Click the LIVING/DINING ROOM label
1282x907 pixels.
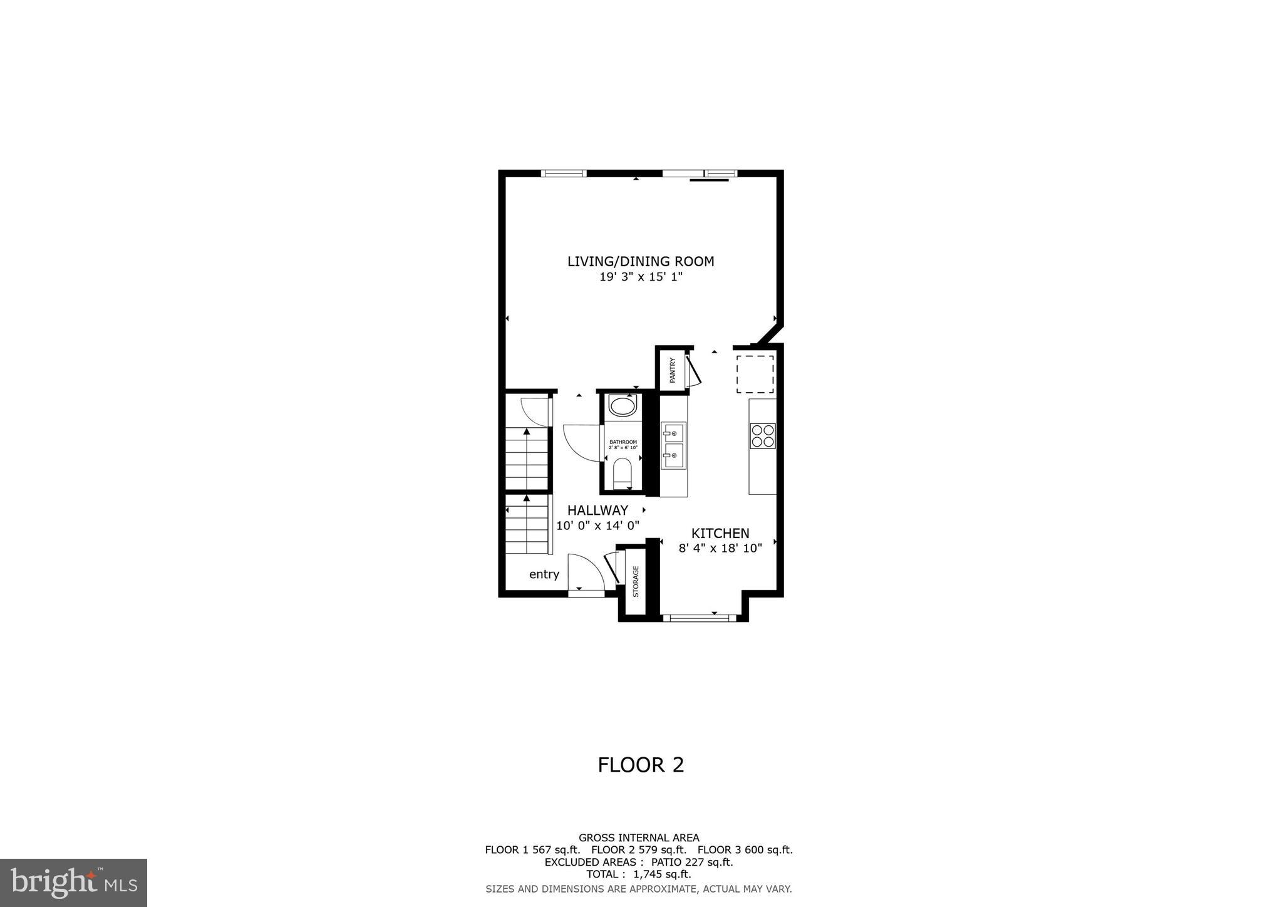[640, 261]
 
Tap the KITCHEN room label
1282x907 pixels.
[720, 533]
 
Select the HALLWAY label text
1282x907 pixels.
[597, 510]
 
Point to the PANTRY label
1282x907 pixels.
[673, 370]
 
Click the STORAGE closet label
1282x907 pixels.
[636, 581]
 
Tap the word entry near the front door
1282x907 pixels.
[544, 574]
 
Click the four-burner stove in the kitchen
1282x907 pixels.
[762, 436]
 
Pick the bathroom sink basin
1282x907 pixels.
[622, 406]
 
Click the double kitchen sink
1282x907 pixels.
[673, 445]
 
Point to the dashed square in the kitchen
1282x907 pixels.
[755, 374]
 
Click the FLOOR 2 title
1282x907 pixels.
[641, 765]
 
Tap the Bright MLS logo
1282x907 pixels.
[73, 883]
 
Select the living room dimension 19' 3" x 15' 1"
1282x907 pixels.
[640, 277]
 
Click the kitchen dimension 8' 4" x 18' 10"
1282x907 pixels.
[720, 549]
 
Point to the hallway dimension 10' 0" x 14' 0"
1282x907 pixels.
[597, 526]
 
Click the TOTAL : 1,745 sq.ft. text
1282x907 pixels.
[638, 874]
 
